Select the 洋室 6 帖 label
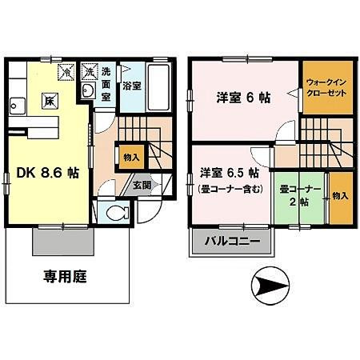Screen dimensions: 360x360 coord(243,97)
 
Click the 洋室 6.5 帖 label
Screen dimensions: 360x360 coord(229,172)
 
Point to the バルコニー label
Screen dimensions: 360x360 coord(230,240)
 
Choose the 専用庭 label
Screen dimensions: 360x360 coord(65,278)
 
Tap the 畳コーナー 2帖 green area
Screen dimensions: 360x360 coord(301,197)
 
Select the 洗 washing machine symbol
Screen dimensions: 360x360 coord(90,70)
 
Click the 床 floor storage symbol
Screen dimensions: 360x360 coord(48,101)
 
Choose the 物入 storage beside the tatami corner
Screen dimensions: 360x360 coord(340,196)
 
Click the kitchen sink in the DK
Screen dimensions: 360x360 coord(15,105)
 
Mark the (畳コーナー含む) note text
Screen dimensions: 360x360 coord(229,190)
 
